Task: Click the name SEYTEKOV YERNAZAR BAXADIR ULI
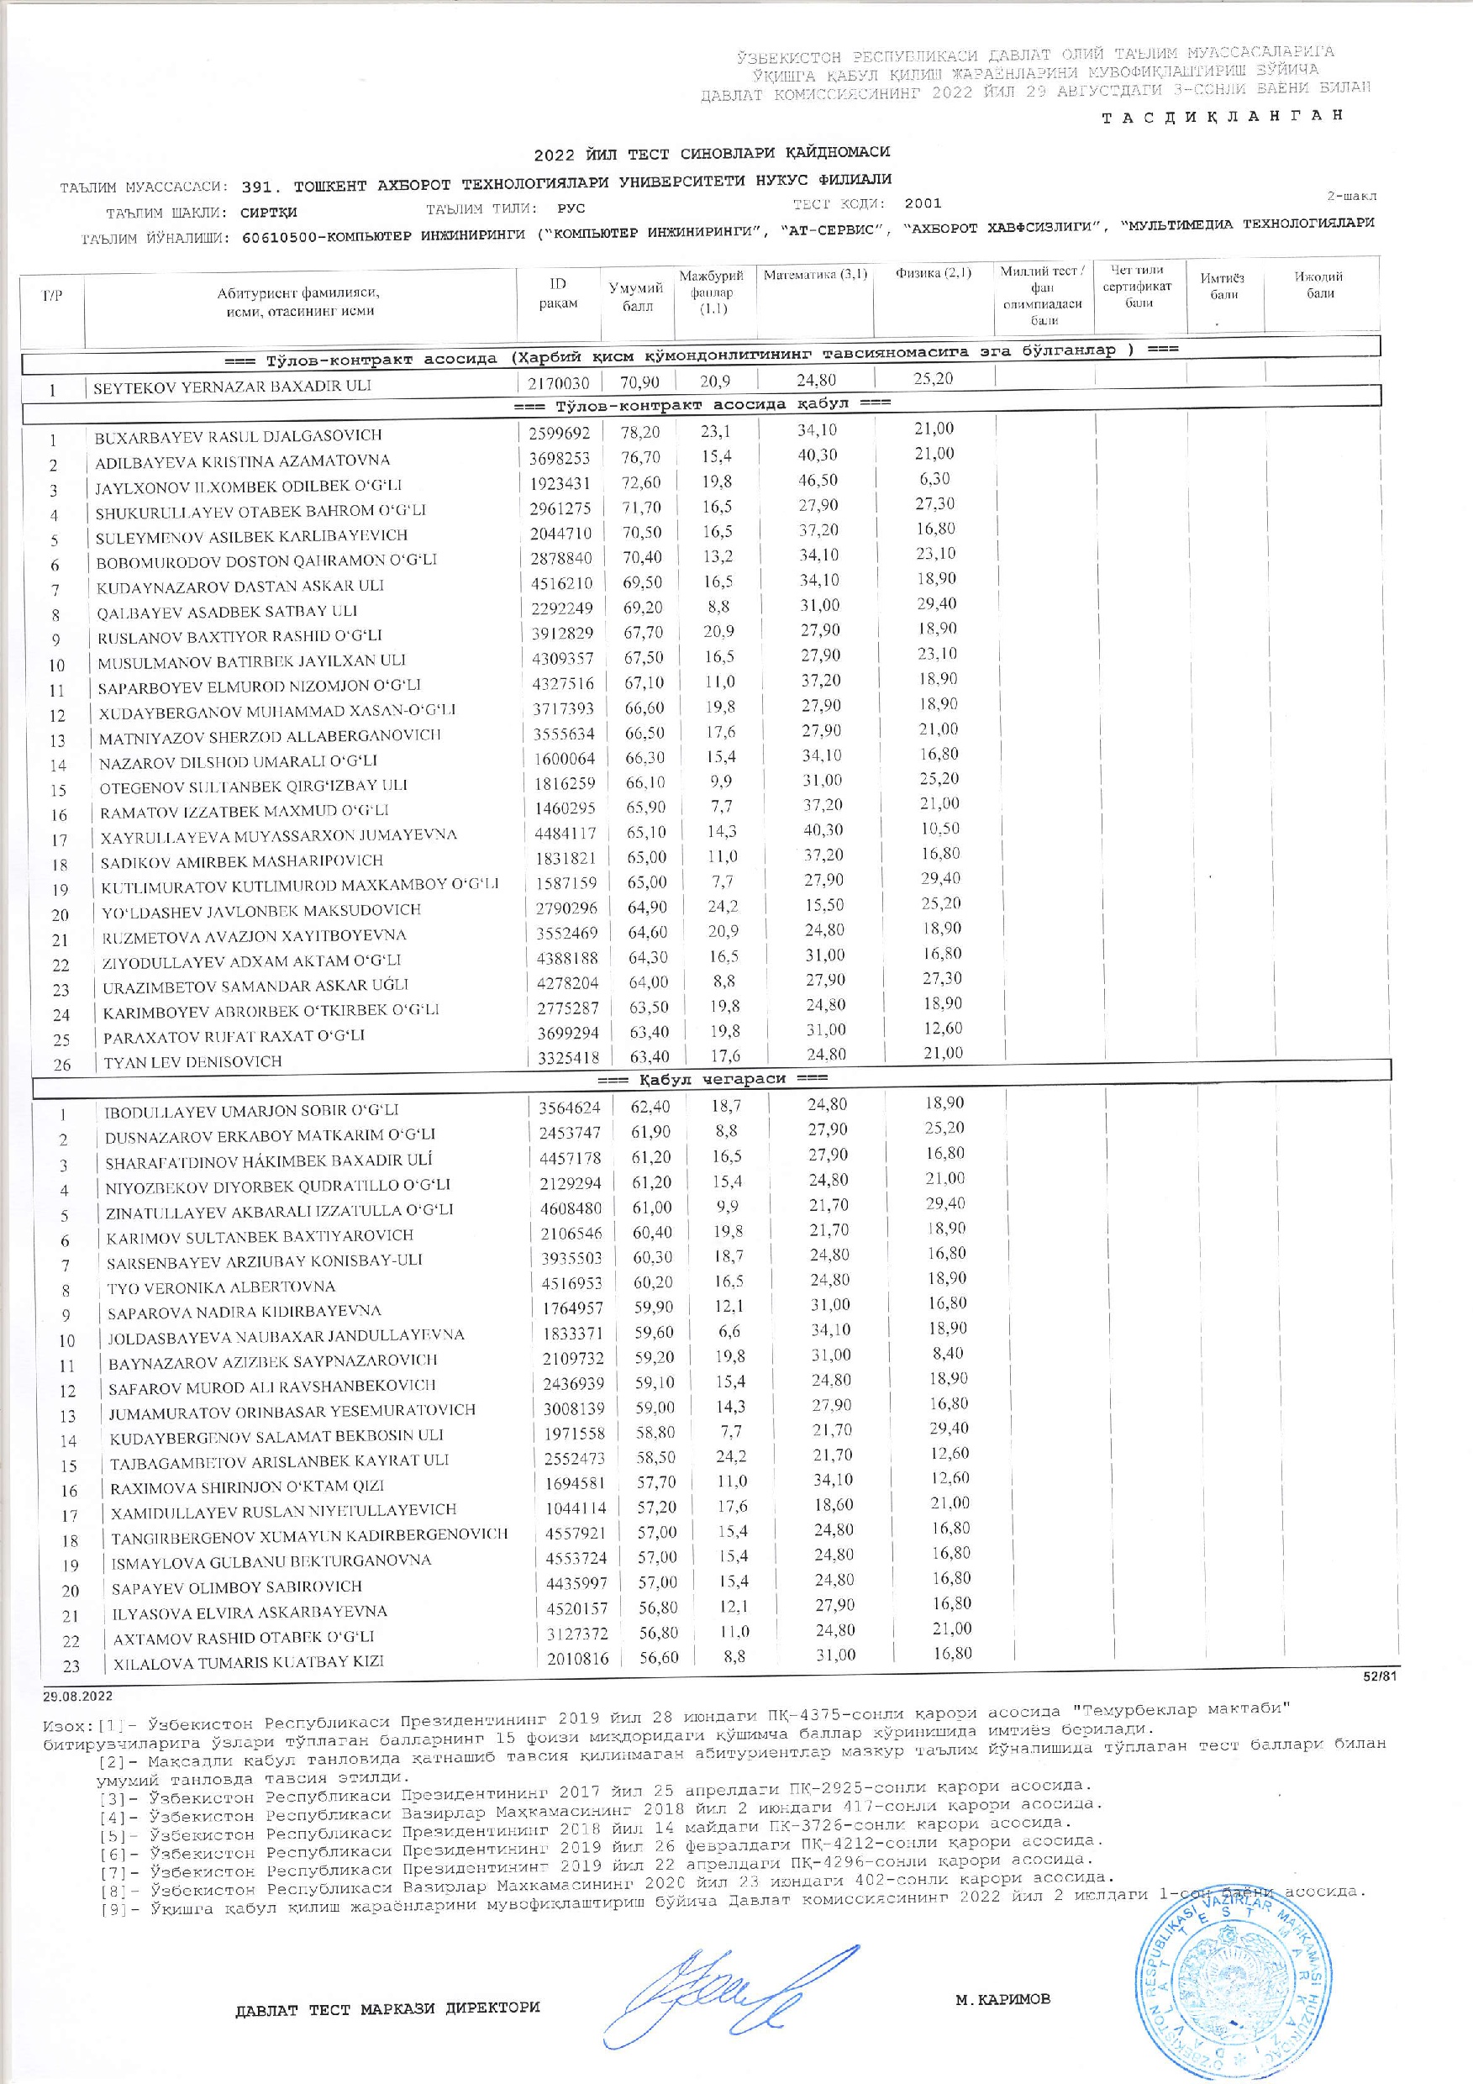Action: [233, 387]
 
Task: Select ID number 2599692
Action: [559, 434]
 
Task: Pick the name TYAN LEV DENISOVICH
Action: [192, 1061]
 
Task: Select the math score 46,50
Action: [817, 479]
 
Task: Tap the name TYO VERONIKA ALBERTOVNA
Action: [220, 1287]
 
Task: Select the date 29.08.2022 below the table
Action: [77, 1695]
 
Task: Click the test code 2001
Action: [922, 203]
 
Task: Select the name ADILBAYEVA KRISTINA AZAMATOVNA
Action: [242, 460]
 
